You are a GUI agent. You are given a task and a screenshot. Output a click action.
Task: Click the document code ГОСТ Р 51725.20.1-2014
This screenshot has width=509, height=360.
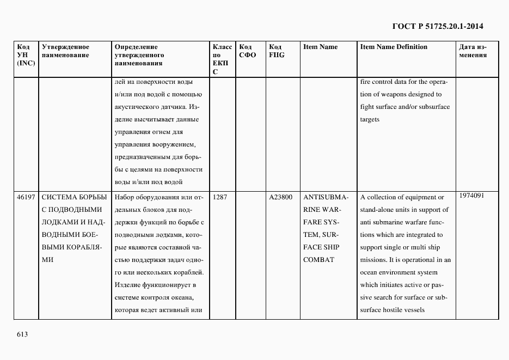[x=438, y=26]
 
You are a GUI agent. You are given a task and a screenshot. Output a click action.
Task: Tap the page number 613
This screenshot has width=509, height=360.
[x=22, y=334]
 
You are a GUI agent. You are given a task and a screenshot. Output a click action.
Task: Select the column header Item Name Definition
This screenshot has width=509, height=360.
[x=394, y=47]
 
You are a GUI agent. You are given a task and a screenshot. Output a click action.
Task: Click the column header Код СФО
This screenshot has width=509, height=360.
[x=247, y=51]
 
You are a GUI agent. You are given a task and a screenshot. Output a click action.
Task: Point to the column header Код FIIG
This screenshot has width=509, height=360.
[x=276, y=51]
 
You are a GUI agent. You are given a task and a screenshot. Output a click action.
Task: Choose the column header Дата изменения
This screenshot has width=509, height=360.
[x=473, y=51]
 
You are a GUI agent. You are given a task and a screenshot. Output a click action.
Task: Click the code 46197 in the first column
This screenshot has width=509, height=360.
[x=26, y=197]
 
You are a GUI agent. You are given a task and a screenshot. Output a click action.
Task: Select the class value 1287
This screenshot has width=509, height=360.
[x=220, y=197]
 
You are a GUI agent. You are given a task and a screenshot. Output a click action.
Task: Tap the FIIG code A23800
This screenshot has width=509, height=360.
[x=281, y=197]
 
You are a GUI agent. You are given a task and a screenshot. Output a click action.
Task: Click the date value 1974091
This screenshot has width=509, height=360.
[x=471, y=196]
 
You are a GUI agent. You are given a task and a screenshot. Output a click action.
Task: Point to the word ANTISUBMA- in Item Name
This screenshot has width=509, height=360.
[x=326, y=197]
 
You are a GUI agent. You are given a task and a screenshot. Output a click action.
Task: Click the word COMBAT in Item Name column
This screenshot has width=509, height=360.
[x=318, y=260]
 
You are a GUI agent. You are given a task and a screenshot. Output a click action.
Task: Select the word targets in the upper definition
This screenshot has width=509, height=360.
[x=370, y=119]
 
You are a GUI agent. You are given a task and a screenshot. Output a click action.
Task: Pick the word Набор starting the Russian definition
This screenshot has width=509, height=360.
[x=126, y=197]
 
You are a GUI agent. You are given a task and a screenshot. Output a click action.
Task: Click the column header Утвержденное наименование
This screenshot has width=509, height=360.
[x=65, y=51]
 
